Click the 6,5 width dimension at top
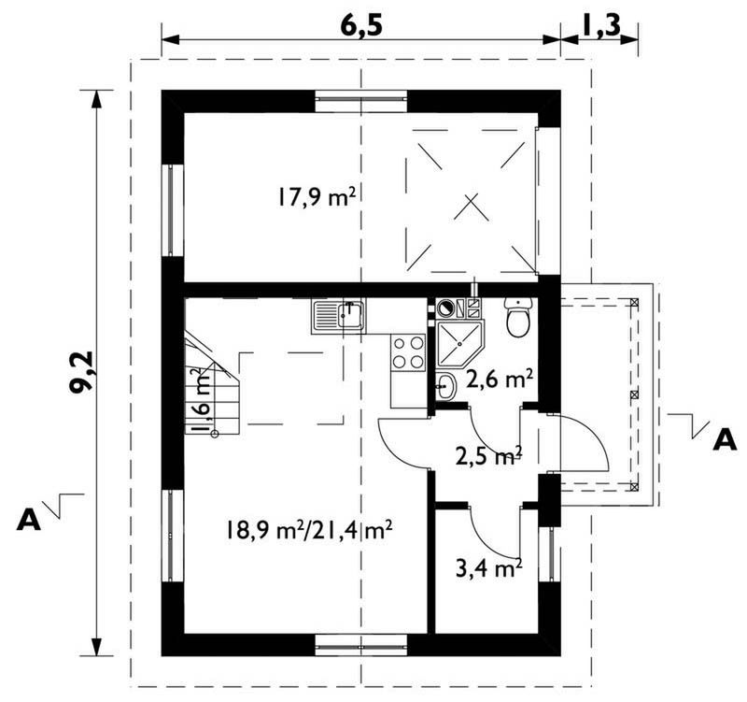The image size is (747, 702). pyautogui.click(x=360, y=25)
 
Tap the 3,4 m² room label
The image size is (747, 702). pyautogui.click(x=486, y=566)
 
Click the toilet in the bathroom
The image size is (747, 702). pyautogui.click(x=517, y=318)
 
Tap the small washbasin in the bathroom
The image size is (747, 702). pyautogui.click(x=445, y=383)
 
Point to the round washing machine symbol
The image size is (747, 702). pyautogui.click(x=445, y=306)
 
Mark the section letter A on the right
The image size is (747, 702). pyautogui.click(x=725, y=439)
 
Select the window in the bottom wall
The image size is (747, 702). pyautogui.click(x=361, y=644)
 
